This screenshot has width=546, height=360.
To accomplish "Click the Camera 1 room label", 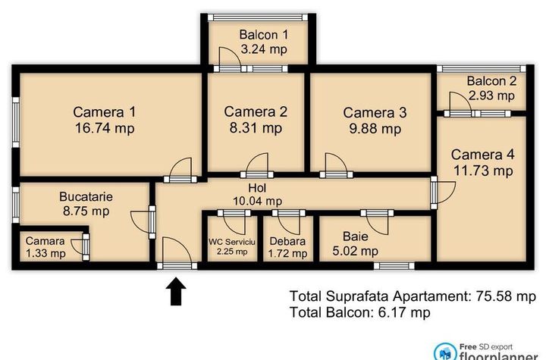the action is click(105, 112).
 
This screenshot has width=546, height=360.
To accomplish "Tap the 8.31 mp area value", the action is click(256, 128).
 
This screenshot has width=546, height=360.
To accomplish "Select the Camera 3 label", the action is click(375, 113).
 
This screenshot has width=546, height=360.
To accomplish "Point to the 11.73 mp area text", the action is click(483, 171).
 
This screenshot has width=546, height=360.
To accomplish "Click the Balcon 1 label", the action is click(264, 35).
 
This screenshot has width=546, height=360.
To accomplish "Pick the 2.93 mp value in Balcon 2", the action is click(491, 95).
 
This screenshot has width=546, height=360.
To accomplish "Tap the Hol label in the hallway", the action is click(257, 188).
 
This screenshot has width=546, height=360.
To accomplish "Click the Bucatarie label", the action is click(86, 197).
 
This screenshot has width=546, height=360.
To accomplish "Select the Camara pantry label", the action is click(45, 241).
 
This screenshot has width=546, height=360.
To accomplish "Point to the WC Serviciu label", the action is click(232, 242).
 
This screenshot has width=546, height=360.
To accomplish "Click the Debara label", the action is click(287, 241).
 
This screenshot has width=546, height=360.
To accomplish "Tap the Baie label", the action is click(355, 236).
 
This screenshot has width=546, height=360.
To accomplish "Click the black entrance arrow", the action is click(176, 291).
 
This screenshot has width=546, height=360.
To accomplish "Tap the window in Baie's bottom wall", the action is click(394, 266).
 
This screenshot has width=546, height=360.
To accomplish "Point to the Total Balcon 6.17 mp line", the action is click(360, 312).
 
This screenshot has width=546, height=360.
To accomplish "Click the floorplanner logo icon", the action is click(445, 352).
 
